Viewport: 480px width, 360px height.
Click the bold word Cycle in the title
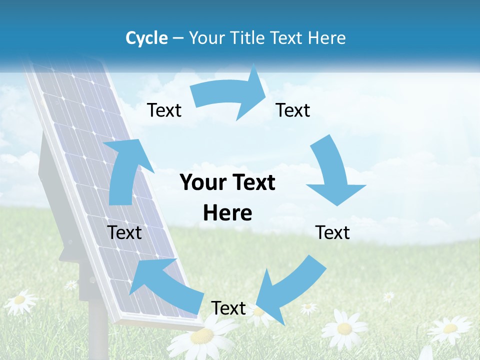(146, 38)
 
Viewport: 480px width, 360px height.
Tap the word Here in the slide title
(326, 38)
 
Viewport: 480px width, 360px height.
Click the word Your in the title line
(207, 38)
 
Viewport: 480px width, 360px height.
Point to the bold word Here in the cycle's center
(227, 213)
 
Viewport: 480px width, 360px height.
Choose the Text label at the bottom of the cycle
(228, 308)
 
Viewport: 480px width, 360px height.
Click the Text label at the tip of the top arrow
(293, 110)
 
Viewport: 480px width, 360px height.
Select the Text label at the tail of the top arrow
(164, 110)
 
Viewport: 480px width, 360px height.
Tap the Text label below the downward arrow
(332, 232)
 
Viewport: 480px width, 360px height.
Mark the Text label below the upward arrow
(124, 232)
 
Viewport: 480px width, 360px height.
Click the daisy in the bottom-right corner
(449, 329)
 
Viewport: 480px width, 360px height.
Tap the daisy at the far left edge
(19, 300)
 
